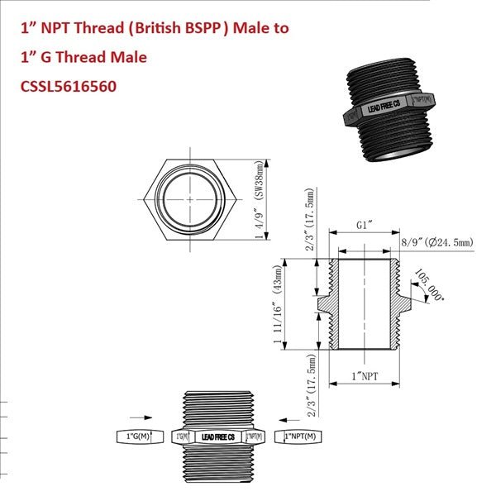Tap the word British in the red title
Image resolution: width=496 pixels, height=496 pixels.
[160, 29]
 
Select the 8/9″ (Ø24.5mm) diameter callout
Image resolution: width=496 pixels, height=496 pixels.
[436, 241]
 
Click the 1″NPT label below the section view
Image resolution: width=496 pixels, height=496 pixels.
[365, 375]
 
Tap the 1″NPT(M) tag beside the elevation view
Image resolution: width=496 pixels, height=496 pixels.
[300, 436]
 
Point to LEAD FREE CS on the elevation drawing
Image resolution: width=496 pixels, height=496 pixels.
[218, 436]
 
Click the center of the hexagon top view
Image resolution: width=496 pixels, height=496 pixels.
[191, 199]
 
